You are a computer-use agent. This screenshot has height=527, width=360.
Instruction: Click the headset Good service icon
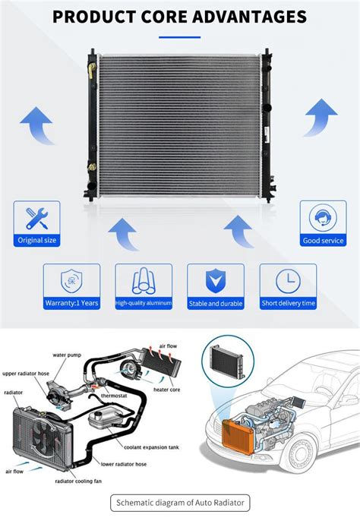tap(323, 218)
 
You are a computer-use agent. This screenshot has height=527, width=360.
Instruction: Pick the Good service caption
tap(323, 241)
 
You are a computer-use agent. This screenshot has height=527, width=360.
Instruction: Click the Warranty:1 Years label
tap(71, 303)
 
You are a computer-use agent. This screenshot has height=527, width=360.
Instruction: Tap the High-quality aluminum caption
tap(144, 303)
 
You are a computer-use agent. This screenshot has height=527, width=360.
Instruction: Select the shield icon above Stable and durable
tap(216, 281)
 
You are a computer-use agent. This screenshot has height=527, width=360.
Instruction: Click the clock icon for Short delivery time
tap(288, 281)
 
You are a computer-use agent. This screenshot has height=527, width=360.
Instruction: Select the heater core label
tap(166, 389)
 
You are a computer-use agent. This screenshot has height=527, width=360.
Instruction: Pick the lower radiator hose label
tap(125, 462)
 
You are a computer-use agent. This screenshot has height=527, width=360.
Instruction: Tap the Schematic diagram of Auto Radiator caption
tap(179, 503)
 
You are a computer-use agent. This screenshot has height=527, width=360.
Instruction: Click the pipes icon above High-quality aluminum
tap(144, 281)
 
